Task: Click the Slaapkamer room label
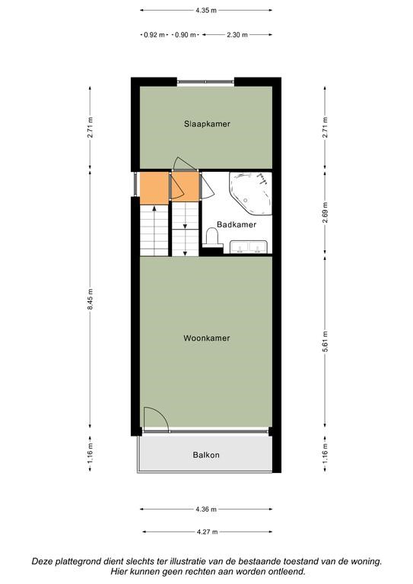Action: click(x=207, y=124)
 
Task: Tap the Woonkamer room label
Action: click(x=207, y=338)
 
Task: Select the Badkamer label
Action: click(x=237, y=224)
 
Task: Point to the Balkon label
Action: click(x=206, y=455)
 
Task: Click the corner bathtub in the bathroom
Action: click(x=251, y=193)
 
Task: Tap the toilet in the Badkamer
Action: click(x=212, y=237)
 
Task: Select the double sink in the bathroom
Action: click(x=249, y=247)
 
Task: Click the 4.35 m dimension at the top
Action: click(x=206, y=11)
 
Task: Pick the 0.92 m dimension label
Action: click(x=154, y=35)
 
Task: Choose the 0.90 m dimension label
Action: click(x=185, y=35)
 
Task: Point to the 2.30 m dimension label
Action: click(x=237, y=35)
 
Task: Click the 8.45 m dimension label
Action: click(x=90, y=299)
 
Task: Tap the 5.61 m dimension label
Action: click(x=325, y=341)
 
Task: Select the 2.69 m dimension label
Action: click(x=325, y=213)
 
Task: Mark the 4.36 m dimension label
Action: click(x=206, y=509)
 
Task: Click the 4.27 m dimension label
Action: click(x=208, y=532)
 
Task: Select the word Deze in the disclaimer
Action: click(x=43, y=561)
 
